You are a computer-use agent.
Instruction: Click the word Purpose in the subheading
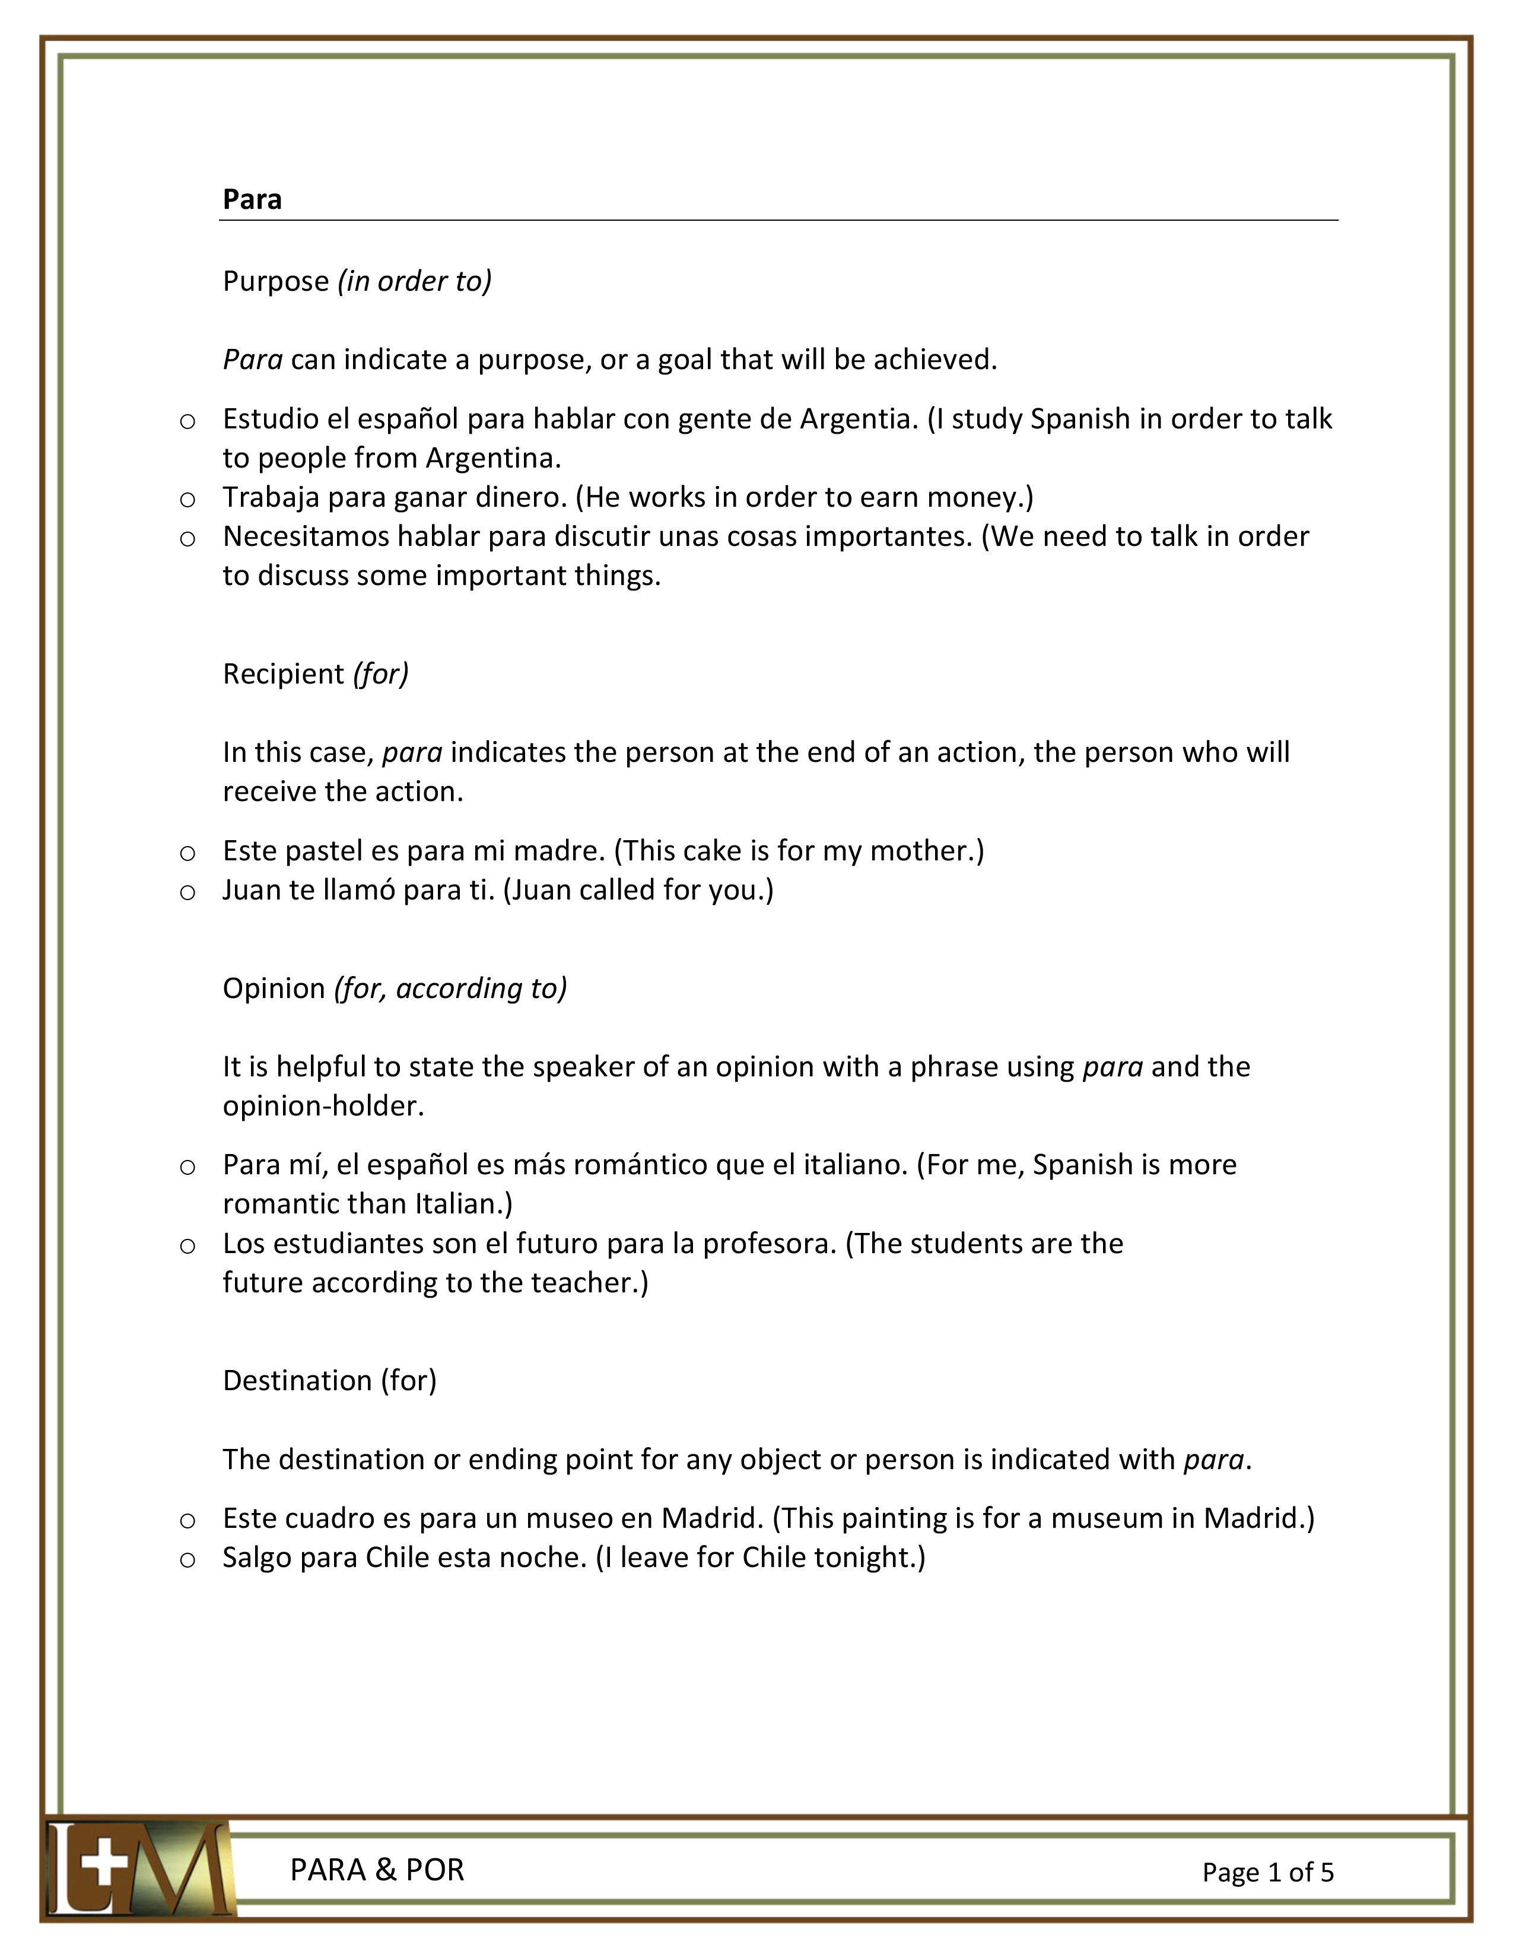click(x=276, y=281)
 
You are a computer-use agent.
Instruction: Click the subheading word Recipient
click(x=283, y=673)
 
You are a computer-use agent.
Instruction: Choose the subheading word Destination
click(x=297, y=1381)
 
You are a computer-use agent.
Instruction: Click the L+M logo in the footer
click(x=139, y=1868)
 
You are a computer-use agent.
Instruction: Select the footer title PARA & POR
click(x=377, y=1870)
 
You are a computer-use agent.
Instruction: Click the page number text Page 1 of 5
click(x=1267, y=1872)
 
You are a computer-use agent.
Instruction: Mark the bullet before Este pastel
click(x=187, y=853)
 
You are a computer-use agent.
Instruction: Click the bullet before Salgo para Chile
click(x=187, y=1560)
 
